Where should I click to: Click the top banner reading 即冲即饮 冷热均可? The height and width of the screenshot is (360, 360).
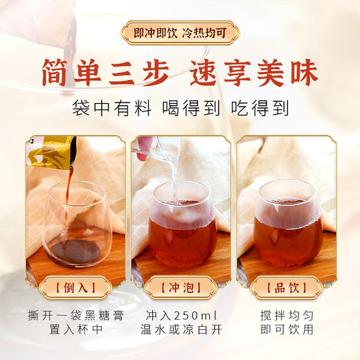180,32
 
